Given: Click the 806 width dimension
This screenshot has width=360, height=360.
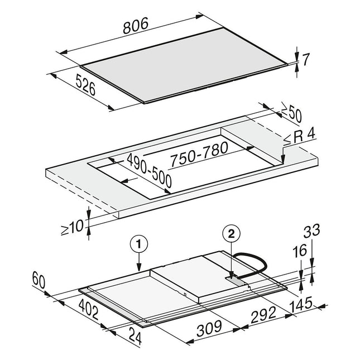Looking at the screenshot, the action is point(136,26).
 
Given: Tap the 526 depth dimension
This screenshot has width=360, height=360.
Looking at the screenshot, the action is point(85,84).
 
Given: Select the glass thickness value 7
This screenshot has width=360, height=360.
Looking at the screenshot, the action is point(306,59).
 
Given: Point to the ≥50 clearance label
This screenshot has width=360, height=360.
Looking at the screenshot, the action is point(291,113).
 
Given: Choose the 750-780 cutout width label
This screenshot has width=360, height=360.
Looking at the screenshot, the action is point(199,153).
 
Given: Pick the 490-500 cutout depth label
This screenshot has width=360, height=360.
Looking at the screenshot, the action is point(149,170).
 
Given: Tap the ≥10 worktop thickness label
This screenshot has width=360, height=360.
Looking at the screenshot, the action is point(72,228).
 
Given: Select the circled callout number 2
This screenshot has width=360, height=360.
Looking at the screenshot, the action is point(232,234).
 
